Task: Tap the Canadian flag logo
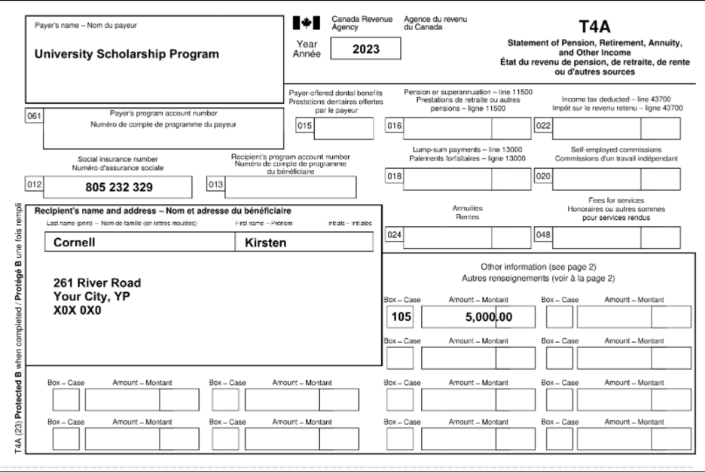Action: tap(307, 23)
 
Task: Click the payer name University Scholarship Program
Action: tap(127, 54)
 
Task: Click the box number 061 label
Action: tap(34, 116)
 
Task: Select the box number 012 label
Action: tap(34, 183)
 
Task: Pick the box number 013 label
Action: tap(215, 183)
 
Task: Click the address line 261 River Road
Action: tap(97, 282)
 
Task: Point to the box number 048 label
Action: tap(542, 235)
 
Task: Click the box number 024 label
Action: tap(395, 235)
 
